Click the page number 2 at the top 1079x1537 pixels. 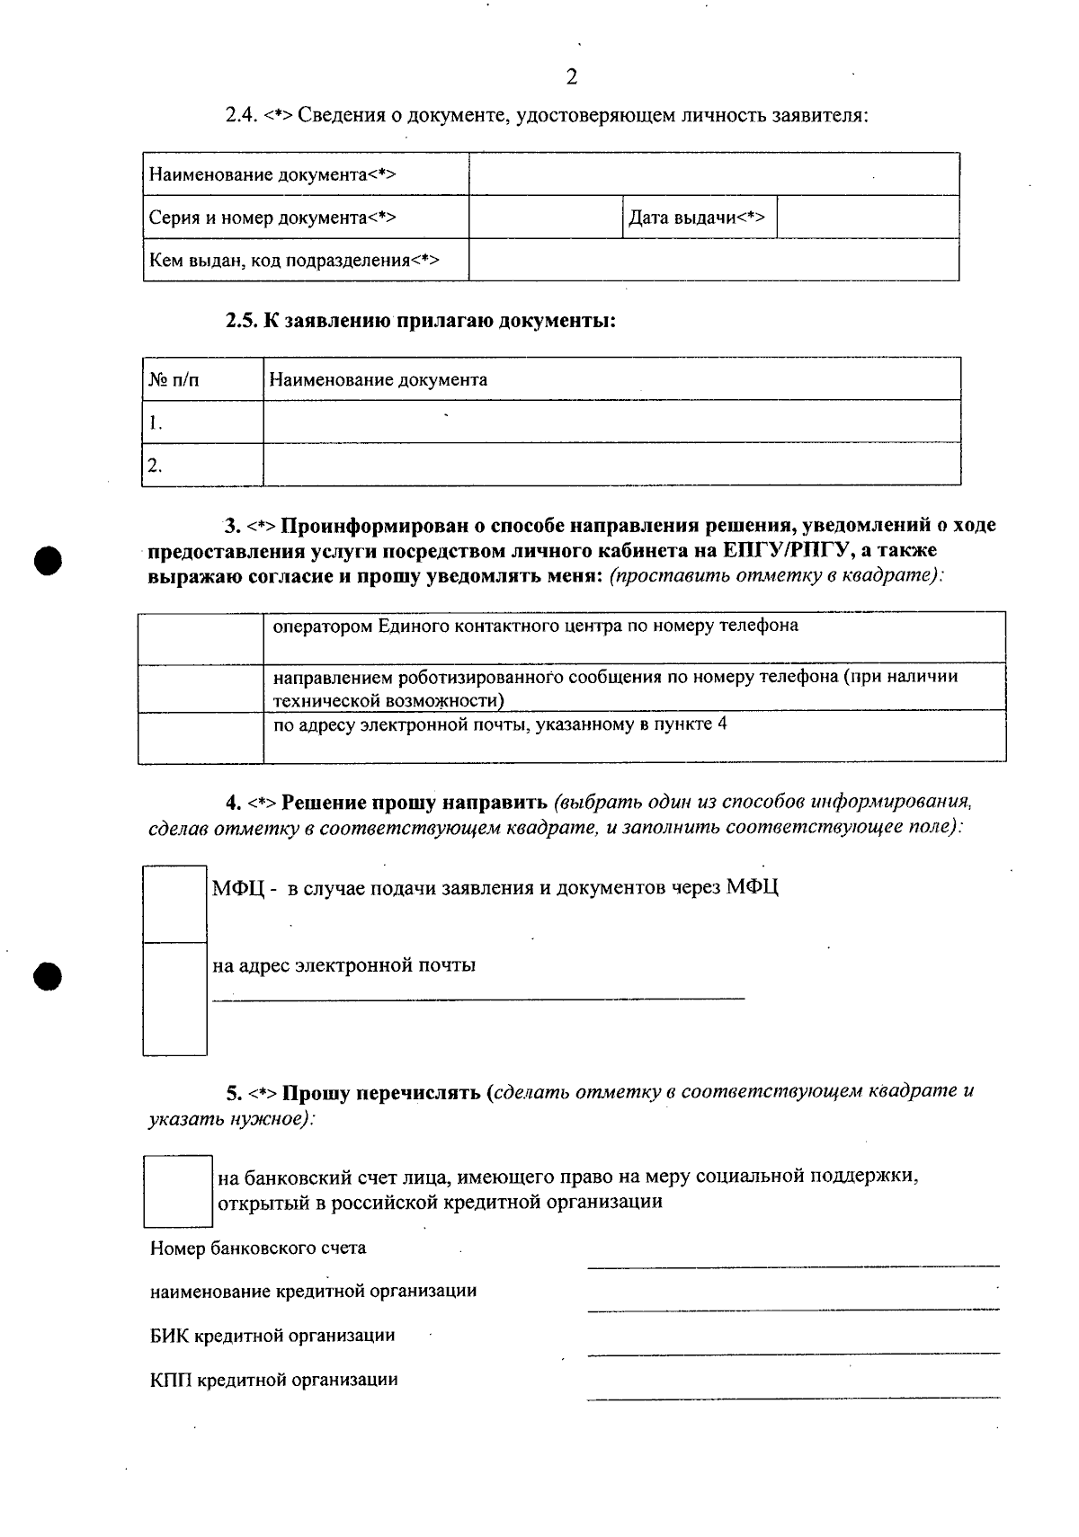[572, 77]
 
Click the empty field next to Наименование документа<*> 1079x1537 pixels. [713, 173]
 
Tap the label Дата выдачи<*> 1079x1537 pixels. [697, 217]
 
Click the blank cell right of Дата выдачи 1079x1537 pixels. [867, 217]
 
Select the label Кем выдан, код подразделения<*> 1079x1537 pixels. [294, 261]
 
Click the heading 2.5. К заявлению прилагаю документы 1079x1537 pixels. [420, 321]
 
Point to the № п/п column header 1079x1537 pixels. [174, 379]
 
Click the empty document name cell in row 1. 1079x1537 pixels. [611, 422]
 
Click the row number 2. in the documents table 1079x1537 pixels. [156, 465]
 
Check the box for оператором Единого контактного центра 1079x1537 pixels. [200, 638]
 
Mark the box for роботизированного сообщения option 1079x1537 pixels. [200, 688]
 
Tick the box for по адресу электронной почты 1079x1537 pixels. [200, 736]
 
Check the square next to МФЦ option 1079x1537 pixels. [174, 903]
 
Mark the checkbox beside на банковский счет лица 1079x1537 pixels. [178, 1191]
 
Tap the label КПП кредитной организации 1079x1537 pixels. [273, 1380]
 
